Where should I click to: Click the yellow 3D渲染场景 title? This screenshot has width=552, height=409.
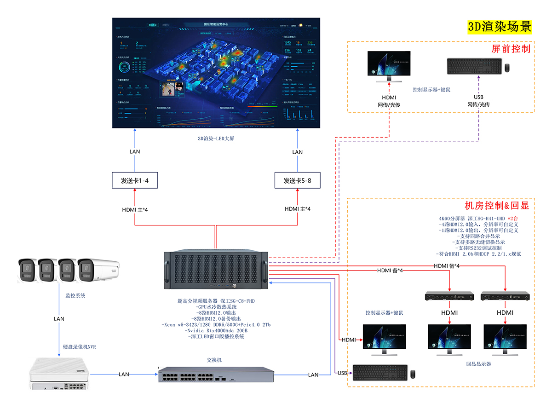click(500, 27)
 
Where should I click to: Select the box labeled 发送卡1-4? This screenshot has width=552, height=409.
click(134, 180)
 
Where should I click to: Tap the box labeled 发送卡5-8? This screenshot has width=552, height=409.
click(297, 180)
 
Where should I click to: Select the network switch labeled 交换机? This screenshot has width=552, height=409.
click(216, 375)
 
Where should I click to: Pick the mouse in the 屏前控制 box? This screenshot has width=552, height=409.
click(507, 68)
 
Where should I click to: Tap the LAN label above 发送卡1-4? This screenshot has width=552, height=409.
click(135, 152)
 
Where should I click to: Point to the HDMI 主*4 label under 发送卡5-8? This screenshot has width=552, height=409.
click(297, 209)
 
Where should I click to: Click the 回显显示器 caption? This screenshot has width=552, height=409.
click(478, 364)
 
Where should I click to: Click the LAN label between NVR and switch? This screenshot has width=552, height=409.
click(124, 374)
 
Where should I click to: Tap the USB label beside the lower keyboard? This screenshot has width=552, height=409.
click(342, 373)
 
